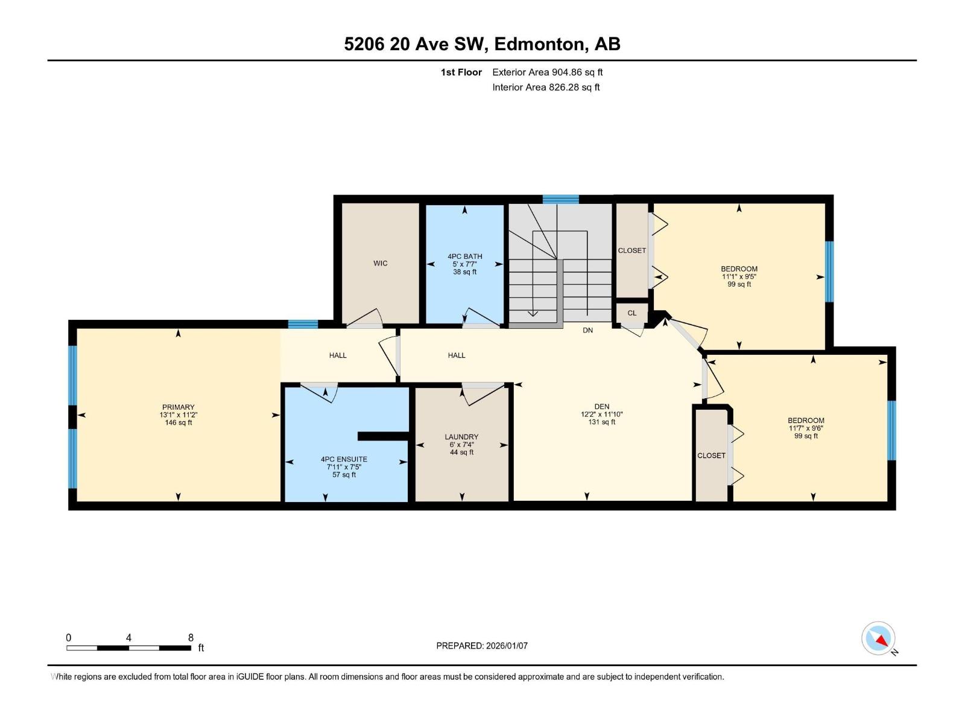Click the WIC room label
point(380,263)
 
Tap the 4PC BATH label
point(464,256)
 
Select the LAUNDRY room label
point(461,437)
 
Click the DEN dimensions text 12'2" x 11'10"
point(601,414)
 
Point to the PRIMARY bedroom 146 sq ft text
point(178,423)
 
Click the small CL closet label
point(631,313)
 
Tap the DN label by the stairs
point(587,331)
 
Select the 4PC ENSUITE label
point(344,459)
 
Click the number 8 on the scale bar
point(191,638)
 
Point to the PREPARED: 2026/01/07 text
point(482,646)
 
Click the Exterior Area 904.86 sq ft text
point(547,72)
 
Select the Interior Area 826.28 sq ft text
point(546,87)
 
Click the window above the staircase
point(560,200)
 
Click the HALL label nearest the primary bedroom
point(338,355)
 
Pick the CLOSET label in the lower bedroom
point(711,456)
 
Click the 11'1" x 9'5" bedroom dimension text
point(739,277)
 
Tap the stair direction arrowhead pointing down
point(533,313)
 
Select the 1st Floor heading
point(461,72)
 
